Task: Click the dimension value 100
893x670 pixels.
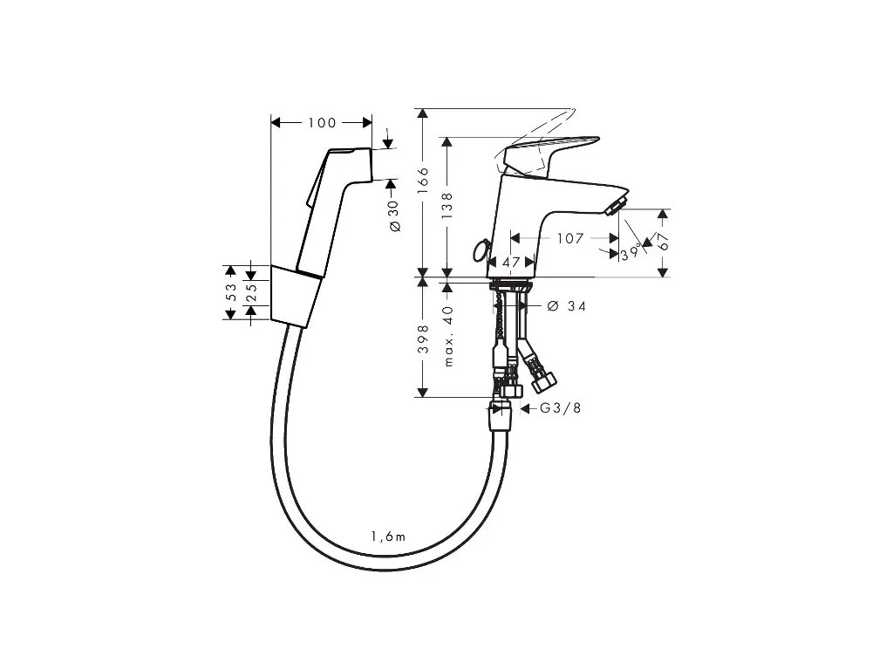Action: tap(322, 122)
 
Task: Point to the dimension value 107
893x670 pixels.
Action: tap(569, 237)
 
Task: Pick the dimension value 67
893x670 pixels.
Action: tap(664, 243)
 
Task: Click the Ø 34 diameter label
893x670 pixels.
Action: tap(566, 306)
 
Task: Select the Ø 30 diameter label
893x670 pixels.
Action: tap(393, 215)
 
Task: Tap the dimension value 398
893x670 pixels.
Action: tap(424, 338)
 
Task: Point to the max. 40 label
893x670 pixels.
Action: tap(448, 335)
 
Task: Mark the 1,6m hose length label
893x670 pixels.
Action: tap(388, 537)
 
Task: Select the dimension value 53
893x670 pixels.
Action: tap(231, 291)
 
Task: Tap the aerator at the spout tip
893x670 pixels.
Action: tap(613, 207)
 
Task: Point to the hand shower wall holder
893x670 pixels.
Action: tap(293, 297)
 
